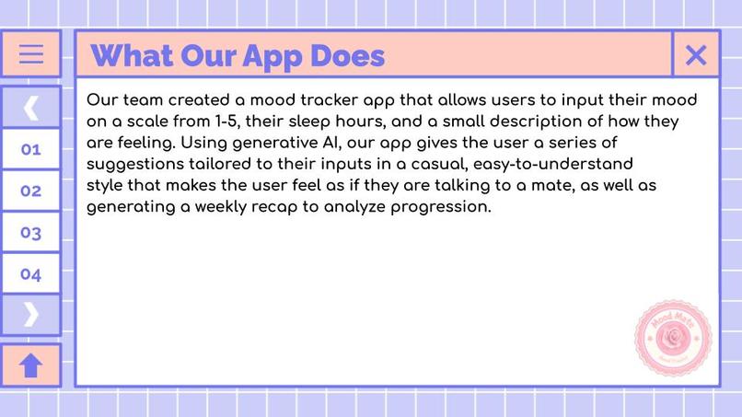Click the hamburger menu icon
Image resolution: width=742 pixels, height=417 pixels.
coord(31,54)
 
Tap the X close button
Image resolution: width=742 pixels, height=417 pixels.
coord(696,55)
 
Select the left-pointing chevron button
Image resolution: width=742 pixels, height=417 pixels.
coord(31,108)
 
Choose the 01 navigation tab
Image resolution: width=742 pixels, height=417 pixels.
coord(31,149)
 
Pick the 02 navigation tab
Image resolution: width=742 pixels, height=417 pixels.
coord(31,191)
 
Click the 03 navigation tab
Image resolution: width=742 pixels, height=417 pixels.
coord(31,232)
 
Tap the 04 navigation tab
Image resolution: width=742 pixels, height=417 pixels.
coord(31,273)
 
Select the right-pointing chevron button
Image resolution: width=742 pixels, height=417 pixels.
coord(31,315)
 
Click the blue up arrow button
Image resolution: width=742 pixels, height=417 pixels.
coord(31,365)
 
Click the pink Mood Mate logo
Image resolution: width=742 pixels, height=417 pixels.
coord(673,338)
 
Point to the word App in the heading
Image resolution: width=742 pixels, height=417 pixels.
coord(272,56)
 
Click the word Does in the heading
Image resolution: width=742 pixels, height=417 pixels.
coord(347,56)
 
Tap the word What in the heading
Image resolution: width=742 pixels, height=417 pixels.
coord(130,56)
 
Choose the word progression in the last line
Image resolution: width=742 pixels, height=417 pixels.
coord(441,206)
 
